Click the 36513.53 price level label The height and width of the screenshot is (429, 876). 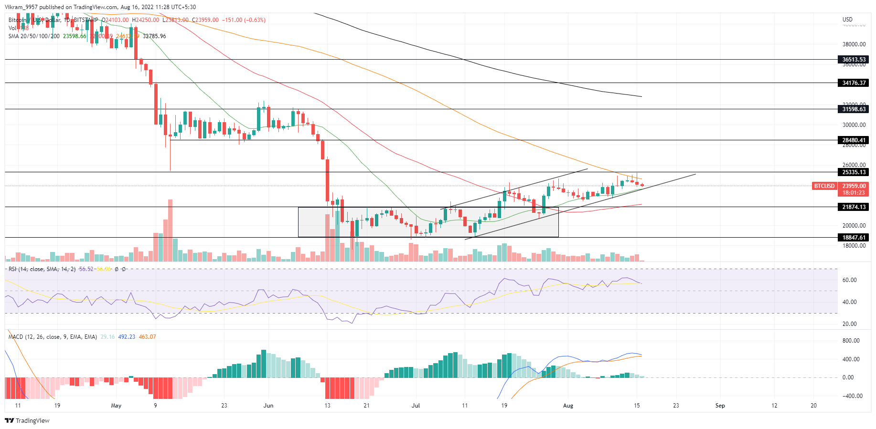click(x=854, y=60)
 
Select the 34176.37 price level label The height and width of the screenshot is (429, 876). click(x=854, y=83)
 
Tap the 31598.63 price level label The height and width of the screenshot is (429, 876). click(x=854, y=109)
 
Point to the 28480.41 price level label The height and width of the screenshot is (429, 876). click(x=854, y=140)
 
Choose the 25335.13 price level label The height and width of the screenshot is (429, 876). click(x=854, y=172)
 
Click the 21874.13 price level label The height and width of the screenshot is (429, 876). click(x=854, y=207)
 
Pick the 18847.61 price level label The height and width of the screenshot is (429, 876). click(x=854, y=237)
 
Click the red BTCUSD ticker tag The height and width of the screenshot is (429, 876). click(x=824, y=186)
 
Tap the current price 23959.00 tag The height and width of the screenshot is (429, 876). click(x=854, y=186)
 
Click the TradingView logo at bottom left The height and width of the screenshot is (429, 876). click(x=27, y=420)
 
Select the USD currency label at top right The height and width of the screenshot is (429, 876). click(x=847, y=20)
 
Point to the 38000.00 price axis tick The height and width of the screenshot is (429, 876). click(x=854, y=44)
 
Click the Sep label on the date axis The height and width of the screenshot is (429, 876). click(x=720, y=406)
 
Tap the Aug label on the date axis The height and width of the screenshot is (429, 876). click(x=568, y=406)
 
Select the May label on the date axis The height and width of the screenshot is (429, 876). click(x=116, y=406)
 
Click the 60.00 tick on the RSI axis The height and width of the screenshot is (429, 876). click(x=849, y=280)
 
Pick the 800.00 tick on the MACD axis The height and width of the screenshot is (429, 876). click(x=851, y=341)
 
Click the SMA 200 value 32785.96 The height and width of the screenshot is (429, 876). click(x=154, y=36)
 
